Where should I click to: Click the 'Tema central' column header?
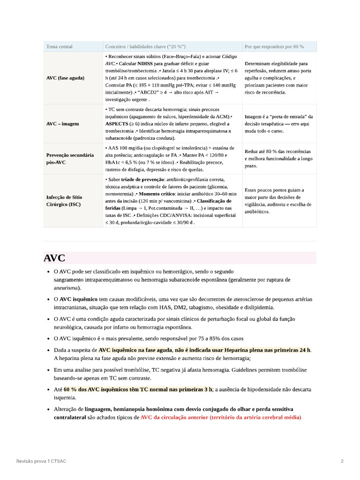[59, 46]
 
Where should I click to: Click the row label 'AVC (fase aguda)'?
[65, 78]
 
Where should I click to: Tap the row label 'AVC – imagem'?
[62, 124]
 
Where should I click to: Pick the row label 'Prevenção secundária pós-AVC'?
[69, 158]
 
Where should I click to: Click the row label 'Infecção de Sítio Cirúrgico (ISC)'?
[64, 201]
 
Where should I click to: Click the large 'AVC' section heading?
[54, 258]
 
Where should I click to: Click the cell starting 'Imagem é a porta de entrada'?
[278, 124]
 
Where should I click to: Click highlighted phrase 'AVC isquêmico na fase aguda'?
[135, 350]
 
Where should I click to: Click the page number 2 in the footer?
[342, 461]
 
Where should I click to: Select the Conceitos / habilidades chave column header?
[145, 46]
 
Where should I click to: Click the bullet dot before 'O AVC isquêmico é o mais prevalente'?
[49, 338]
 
